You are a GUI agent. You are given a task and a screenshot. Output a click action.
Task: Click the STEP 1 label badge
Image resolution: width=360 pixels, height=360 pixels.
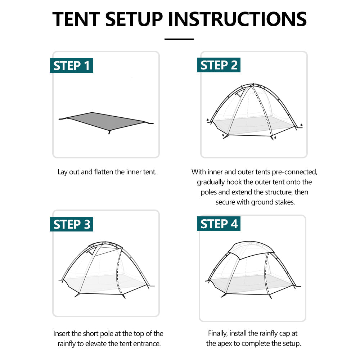click(71, 66)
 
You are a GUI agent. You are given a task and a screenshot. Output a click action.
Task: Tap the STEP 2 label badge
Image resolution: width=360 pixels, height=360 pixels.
click(219, 65)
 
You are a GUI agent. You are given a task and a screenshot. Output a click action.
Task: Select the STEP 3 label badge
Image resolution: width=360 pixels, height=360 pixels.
click(71, 224)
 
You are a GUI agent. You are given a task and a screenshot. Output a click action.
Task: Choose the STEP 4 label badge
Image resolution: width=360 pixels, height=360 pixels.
click(219, 224)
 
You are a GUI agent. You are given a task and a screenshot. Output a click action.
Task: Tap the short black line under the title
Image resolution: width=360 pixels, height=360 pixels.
click(179, 39)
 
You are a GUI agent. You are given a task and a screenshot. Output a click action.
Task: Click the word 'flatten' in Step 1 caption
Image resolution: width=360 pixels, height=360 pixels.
click(104, 172)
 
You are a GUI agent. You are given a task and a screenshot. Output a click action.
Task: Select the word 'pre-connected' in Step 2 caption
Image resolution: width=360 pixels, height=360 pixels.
click(297, 172)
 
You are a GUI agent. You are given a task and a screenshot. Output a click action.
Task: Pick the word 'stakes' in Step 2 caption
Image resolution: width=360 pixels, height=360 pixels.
click(285, 202)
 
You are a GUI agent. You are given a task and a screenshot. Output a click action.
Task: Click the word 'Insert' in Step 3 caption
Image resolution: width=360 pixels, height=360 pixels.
click(62, 333)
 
